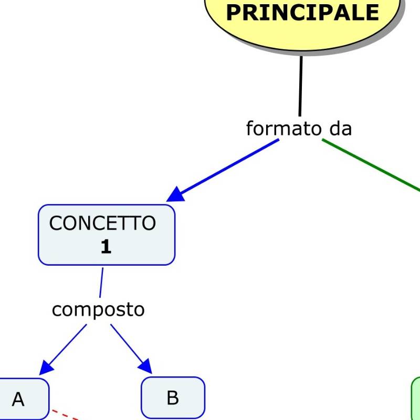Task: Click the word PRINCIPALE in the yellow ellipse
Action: pos(302,13)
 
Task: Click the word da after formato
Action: pos(341,128)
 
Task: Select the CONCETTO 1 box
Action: pos(107,235)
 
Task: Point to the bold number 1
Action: pos(106,247)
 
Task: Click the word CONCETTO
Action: pos(102,223)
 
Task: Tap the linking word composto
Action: pos(98,310)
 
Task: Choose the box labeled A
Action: pos(21,399)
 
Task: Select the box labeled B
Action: pos(173,397)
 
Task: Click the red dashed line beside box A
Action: pos(66,415)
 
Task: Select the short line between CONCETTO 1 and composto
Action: pos(101,282)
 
